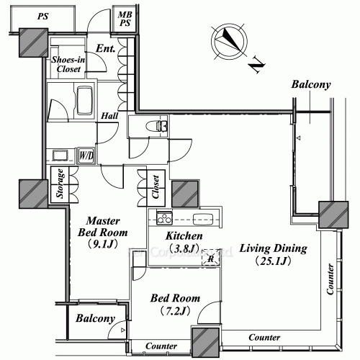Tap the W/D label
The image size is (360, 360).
tap(86, 154)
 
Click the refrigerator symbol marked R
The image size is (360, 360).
tap(211, 258)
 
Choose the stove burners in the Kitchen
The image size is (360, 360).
tap(161, 218)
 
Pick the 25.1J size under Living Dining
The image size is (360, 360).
tap(274, 261)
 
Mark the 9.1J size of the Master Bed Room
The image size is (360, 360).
tap(102, 245)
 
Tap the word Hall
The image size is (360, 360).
tap(109, 115)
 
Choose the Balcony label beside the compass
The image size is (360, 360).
tap(311, 85)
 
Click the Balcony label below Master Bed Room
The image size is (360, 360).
tap(95, 319)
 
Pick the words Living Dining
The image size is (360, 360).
tap(274, 248)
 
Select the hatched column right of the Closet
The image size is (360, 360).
tap(185, 193)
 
